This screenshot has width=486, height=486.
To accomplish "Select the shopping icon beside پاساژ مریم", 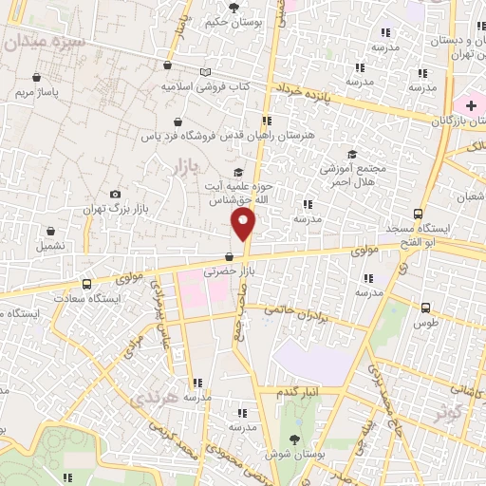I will pos(36,77).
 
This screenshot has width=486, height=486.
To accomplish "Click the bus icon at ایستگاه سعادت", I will pos(87,283).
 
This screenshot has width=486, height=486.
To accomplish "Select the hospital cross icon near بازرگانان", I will pos(471,105).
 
